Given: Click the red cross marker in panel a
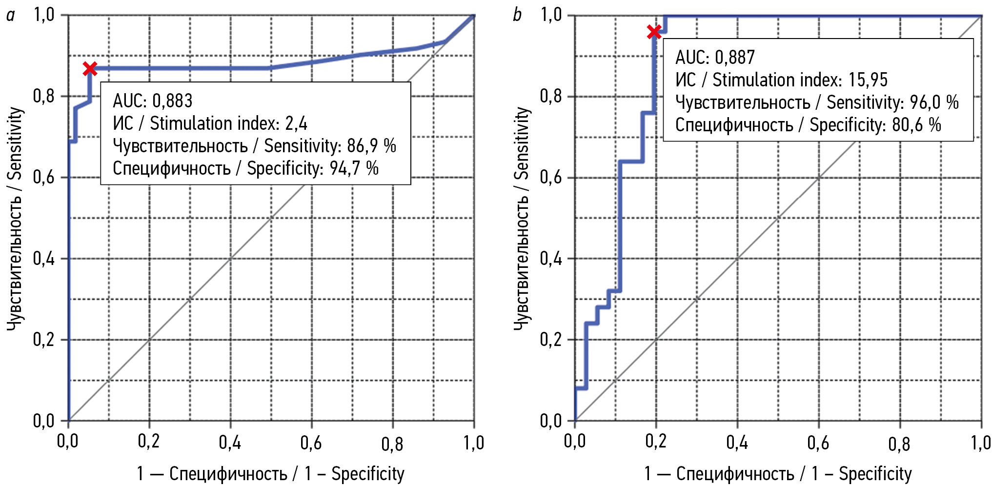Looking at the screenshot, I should pos(90,69).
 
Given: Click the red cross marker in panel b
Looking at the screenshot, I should pos(654,32).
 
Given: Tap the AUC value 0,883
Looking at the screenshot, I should pos(172,101).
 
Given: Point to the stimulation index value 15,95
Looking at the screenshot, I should pos(868,80).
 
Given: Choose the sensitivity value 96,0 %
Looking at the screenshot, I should pos(934,102).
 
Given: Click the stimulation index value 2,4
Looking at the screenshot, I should pos(296,123).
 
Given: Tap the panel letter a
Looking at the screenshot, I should pos(10,15).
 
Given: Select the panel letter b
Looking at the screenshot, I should pos(517,15).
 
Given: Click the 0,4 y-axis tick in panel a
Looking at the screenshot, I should pos(44,259).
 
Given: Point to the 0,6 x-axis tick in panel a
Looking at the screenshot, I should pos(311,443).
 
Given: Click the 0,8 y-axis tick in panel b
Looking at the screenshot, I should pos(550,96).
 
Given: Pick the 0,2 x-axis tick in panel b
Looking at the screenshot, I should pos(656,442).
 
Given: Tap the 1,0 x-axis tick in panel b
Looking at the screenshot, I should pos(980,443).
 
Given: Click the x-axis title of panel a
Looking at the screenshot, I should pos(270,474).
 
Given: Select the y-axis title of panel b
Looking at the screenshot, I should pos(522,218).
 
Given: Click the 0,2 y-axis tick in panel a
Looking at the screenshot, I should pos(44,340).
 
